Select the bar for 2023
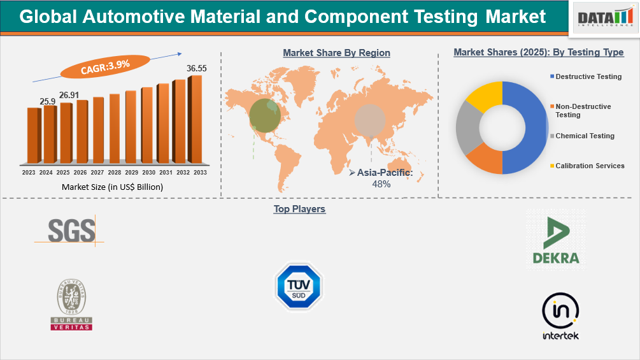pos(33,135)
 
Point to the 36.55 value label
pos(196,68)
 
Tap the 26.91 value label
pos(69,95)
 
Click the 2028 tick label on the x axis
pos(114,173)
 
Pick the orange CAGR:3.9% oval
pos(105,64)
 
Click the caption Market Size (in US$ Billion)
pos(112,187)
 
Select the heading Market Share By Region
pos(336,53)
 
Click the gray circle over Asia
pos(370,120)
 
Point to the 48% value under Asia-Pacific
pos(381,184)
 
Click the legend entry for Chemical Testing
pos(585,136)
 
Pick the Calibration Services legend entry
pos(590,166)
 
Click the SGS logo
pos(71,230)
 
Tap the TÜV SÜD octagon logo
pos(298,287)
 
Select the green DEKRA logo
pos(556,241)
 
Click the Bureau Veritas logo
pos(71,305)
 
